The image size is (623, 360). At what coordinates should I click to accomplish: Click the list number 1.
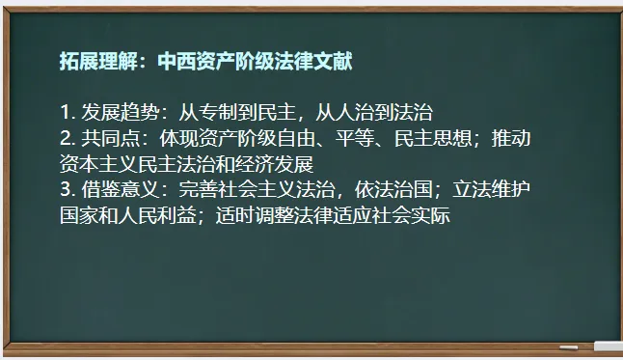point(65,113)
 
